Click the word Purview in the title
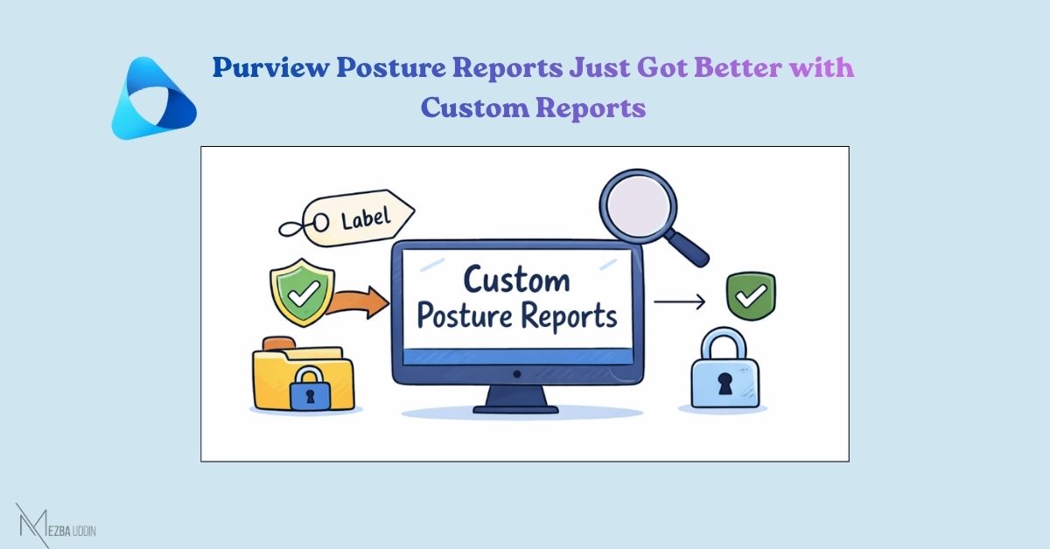click(271, 68)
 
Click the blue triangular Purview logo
click(154, 99)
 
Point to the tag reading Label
click(346, 219)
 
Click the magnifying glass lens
click(638, 206)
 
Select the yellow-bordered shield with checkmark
click(303, 292)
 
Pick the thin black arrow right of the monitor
click(680, 302)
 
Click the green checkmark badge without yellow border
click(751, 296)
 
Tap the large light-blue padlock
click(724, 368)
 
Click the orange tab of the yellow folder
click(279, 344)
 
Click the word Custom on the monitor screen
click(517, 280)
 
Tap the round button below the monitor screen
click(517, 374)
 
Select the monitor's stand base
click(515, 410)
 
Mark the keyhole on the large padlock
click(724, 383)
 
